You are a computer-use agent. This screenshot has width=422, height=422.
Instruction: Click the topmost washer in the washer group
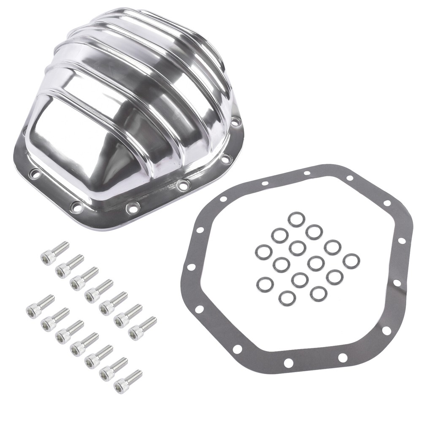296,219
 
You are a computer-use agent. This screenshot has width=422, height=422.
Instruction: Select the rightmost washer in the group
351,261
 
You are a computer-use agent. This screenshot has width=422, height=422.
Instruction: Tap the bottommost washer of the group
287,298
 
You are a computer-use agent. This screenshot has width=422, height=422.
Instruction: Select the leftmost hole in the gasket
191,267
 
